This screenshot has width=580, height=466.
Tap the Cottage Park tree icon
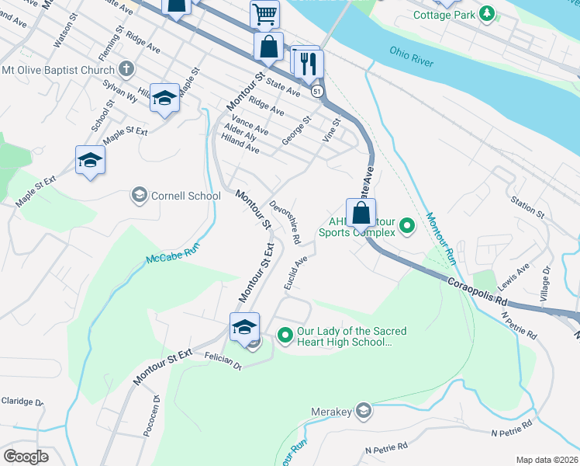[x=487, y=13]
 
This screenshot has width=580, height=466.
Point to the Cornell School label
[x=186, y=196]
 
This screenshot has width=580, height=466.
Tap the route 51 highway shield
[x=318, y=92]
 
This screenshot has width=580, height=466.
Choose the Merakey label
[x=332, y=410]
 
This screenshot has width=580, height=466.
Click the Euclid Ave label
[x=295, y=274]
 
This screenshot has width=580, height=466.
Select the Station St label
[x=527, y=206]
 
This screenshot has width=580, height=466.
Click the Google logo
[x=26, y=456]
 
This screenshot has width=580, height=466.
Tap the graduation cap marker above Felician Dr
[x=244, y=326]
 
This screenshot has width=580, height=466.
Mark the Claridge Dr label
[x=22, y=402]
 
